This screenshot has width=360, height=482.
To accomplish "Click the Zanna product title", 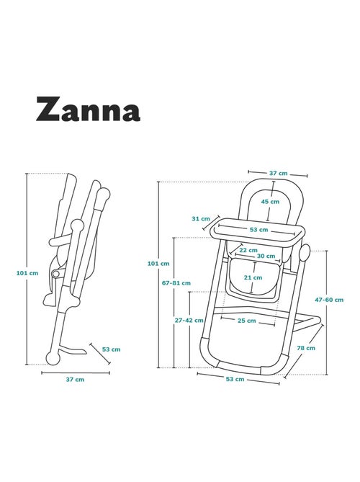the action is (x=88, y=109).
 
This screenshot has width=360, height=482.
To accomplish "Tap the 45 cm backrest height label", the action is (x=270, y=202).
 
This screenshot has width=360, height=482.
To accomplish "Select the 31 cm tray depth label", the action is (x=201, y=219).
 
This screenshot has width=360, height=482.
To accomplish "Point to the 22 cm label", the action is (x=248, y=250).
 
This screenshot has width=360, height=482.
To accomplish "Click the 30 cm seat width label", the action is (x=266, y=256).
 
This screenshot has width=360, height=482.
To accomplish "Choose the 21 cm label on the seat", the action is (x=253, y=277).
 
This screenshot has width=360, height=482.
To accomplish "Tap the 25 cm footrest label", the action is (x=247, y=321).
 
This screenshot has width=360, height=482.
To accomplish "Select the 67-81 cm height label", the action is (x=176, y=283).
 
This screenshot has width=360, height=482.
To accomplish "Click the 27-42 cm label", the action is (x=189, y=321).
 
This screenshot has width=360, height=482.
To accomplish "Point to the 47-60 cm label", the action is (x=329, y=300).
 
